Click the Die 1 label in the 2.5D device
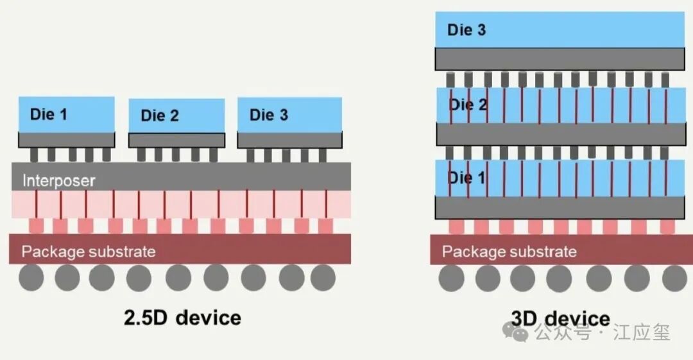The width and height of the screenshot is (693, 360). [49, 114]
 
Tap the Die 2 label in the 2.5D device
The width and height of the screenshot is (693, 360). [160, 116]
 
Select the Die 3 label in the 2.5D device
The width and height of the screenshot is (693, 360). [269, 115]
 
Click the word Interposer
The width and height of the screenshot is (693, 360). [59, 180]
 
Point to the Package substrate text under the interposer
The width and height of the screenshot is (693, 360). [89, 252]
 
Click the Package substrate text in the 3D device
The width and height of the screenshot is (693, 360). [509, 252]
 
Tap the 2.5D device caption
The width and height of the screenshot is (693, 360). [182, 318]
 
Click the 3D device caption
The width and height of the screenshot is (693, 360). [560, 318]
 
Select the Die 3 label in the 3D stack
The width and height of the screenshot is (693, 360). [466, 30]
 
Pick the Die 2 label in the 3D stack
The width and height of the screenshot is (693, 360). [468, 105]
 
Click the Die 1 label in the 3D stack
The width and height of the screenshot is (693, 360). [466, 178]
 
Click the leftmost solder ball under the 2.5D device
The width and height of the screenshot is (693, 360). [31, 279]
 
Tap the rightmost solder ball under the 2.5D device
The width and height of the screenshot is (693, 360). [323, 279]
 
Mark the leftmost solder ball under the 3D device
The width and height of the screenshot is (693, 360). [451, 279]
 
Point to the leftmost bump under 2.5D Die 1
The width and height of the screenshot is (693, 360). [34, 155]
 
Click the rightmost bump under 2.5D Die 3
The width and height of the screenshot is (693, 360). [322, 155]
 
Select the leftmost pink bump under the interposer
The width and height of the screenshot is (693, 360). [36, 226]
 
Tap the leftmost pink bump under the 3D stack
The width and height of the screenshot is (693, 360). [456, 227]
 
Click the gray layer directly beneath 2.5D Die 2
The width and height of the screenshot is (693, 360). [177, 140]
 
